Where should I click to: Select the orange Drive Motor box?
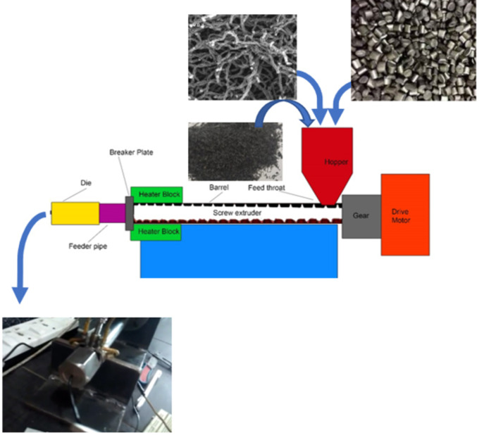point(405,214)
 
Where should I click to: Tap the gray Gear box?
point(361,216)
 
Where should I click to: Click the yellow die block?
point(75,213)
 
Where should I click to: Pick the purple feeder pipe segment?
point(111,214)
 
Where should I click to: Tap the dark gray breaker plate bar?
point(129,213)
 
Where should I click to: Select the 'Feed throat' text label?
point(266,188)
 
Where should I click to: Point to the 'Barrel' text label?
point(219,188)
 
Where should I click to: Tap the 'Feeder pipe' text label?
point(87,246)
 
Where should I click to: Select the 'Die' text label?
point(85,182)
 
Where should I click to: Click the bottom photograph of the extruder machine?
point(87,374)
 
